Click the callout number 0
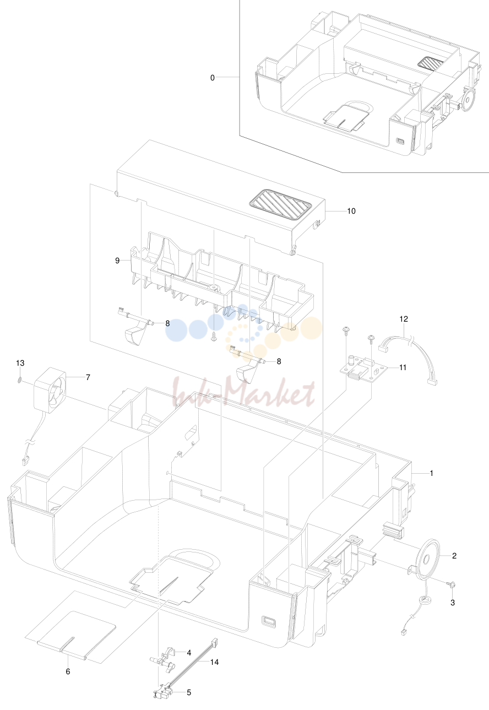coord(213,78)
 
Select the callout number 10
coord(351,211)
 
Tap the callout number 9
coord(117,261)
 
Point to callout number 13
coord(20,363)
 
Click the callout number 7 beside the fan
coord(88,377)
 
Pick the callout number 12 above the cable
coord(404,319)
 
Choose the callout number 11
coord(403,367)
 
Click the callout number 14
coord(214,662)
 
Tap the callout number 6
coord(68,671)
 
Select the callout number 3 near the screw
coord(453,603)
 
